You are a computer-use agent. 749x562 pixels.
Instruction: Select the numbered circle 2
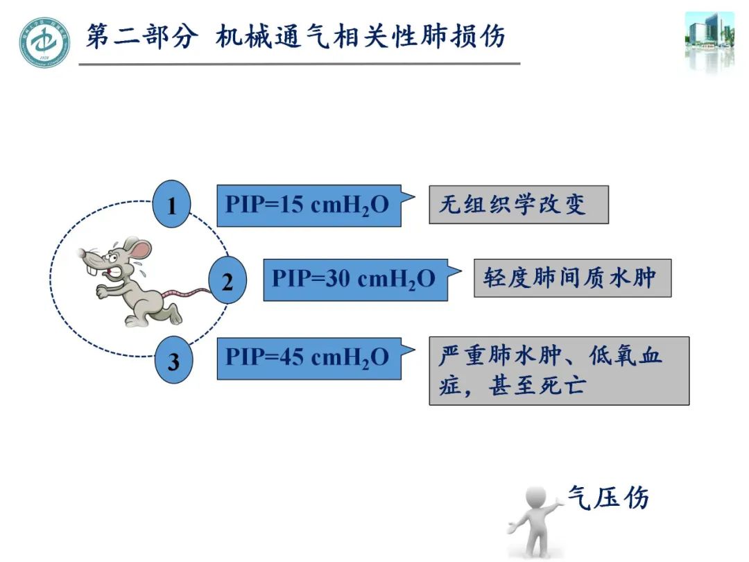pyautogui.click(x=227, y=280)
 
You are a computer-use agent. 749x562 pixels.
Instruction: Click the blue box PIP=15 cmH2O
pyautogui.click(x=309, y=205)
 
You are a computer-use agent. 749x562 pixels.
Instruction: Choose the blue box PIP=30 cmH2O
pyautogui.click(x=354, y=280)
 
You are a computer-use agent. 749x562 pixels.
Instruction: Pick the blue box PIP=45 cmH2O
pyautogui.click(x=309, y=358)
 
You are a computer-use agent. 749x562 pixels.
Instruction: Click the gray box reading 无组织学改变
pyautogui.click(x=518, y=205)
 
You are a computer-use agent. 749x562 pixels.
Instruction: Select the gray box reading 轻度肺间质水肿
pyautogui.click(x=572, y=278)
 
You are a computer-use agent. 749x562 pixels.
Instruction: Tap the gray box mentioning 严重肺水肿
pyautogui.click(x=558, y=371)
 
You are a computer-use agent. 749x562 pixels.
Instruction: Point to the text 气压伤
pyautogui.click(x=608, y=497)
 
